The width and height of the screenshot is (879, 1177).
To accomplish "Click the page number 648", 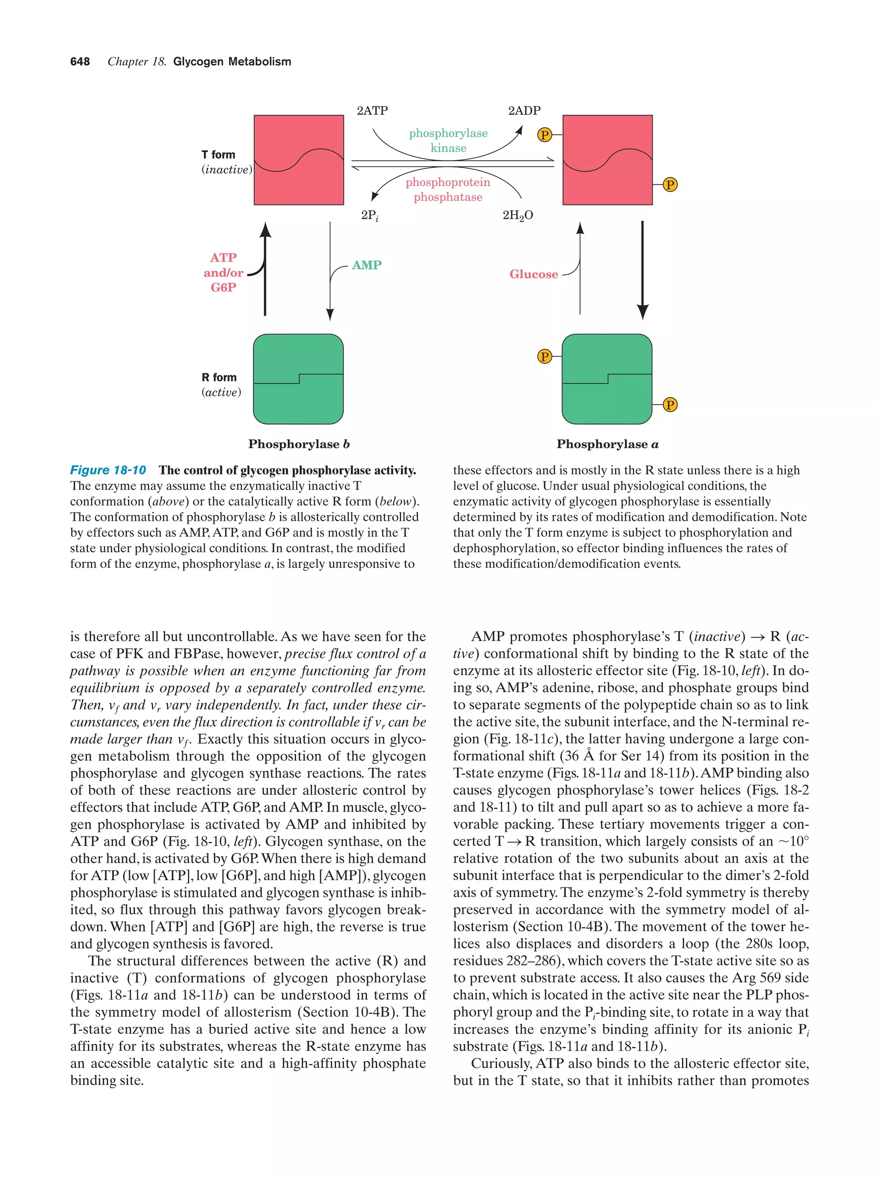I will pos(80,62).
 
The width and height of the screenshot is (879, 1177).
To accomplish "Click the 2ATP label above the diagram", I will pos(372,111).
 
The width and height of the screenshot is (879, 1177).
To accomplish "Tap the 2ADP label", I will pos(524,111).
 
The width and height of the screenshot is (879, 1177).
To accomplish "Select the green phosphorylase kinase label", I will pos(448,140).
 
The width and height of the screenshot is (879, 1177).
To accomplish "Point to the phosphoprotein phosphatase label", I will pos(448,189).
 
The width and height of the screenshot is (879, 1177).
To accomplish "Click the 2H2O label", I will pos(518,215).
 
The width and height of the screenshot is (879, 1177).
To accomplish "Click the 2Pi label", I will pos(370,216).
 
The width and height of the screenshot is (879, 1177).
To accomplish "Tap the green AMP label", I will pos(367,265).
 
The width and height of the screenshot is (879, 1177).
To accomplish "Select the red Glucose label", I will pos(533,274).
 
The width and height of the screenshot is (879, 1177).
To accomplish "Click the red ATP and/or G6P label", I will pos(223,272).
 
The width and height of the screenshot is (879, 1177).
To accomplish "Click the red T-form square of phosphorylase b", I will pos(298,160).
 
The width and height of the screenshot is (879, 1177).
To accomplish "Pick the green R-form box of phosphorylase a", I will pos(607,379).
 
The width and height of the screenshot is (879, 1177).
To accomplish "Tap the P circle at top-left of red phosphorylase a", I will pos(544,135).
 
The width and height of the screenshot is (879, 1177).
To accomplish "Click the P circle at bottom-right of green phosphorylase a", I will pos(670,405).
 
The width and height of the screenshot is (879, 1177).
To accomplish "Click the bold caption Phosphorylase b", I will pos(299,444).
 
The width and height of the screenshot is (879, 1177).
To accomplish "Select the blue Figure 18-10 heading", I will pos(108,470).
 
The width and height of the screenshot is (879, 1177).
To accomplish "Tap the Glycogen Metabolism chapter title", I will pos(232,62).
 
